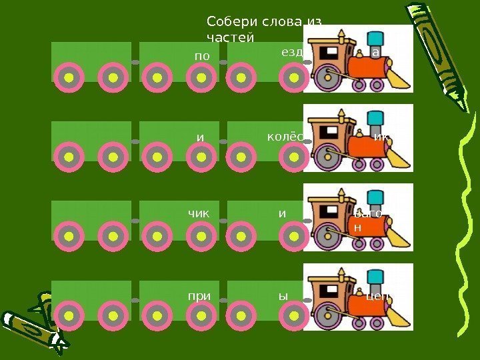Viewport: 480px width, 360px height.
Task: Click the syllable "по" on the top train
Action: pos(201,57)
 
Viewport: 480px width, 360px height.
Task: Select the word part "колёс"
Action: pos(285,137)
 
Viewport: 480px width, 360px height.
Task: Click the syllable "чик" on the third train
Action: pos(198,213)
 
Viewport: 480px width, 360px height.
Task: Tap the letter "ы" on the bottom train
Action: pos(283,293)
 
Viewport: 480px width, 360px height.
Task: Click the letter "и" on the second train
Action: pos(199,137)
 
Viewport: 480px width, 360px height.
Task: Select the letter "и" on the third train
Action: pos(282,213)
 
